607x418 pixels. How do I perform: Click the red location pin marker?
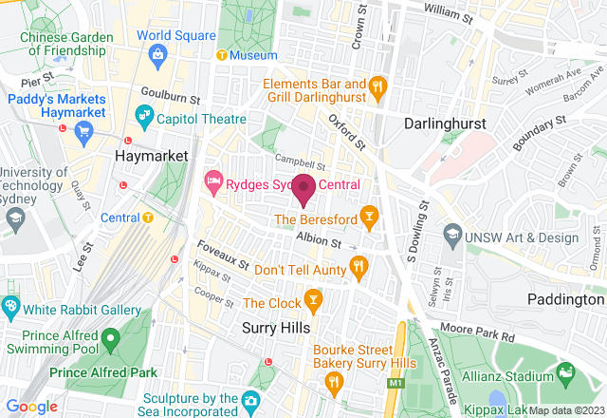click(303, 188)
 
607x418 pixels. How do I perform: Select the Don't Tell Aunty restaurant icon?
click(358, 267)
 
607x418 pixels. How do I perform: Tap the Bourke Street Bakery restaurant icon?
click(334, 382)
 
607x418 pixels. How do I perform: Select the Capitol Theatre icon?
click(144, 120)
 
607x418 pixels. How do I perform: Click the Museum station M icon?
click(222, 55)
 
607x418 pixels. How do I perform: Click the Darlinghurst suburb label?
click(445, 124)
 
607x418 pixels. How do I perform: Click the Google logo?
click(32, 407)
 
